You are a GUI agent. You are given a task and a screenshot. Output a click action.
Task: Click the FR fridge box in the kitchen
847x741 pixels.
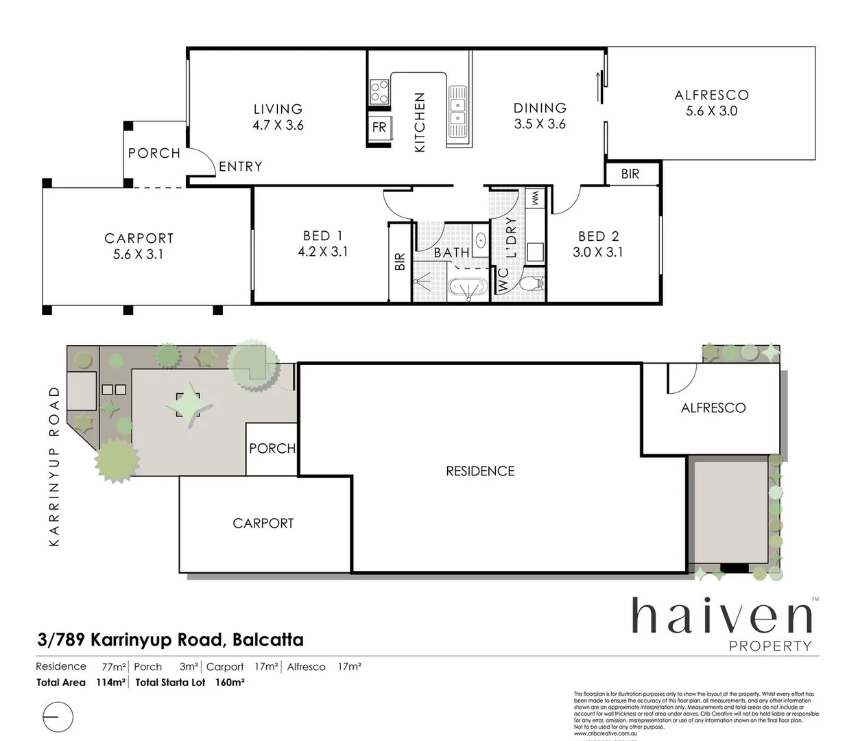coord(379,127)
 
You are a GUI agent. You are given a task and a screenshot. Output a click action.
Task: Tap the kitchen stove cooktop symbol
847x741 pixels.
coord(379,92)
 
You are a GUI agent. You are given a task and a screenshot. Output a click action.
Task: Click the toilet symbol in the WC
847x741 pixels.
coord(532,282)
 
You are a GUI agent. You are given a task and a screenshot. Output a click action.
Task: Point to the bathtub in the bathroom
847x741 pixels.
coord(467,289)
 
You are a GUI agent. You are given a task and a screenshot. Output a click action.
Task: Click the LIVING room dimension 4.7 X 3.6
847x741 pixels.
coord(278,125)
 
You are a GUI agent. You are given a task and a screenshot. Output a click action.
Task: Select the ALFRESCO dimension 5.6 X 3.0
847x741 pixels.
coord(711,111)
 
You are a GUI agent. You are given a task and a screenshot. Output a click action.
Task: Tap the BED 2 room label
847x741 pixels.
coord(598,236)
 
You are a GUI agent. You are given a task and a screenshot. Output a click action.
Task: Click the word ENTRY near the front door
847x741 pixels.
coord(240,166)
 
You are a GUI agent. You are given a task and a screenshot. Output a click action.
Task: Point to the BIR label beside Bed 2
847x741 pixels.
coord(630,174)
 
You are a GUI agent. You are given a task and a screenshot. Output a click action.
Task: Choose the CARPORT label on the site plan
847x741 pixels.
coord(263,523)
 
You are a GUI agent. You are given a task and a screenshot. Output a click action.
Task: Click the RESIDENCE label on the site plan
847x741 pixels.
coord(480,471)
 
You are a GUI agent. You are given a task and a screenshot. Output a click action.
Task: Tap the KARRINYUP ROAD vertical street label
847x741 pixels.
coord(55,467)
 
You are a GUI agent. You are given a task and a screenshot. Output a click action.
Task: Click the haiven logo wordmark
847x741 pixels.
coord(721,616)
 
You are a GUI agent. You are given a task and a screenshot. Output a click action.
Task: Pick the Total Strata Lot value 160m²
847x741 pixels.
coord(230,682)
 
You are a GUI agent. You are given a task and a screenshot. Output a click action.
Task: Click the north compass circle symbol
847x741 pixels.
coord(58,717)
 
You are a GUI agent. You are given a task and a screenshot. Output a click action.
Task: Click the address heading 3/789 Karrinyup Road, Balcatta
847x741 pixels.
coord(170,639)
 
